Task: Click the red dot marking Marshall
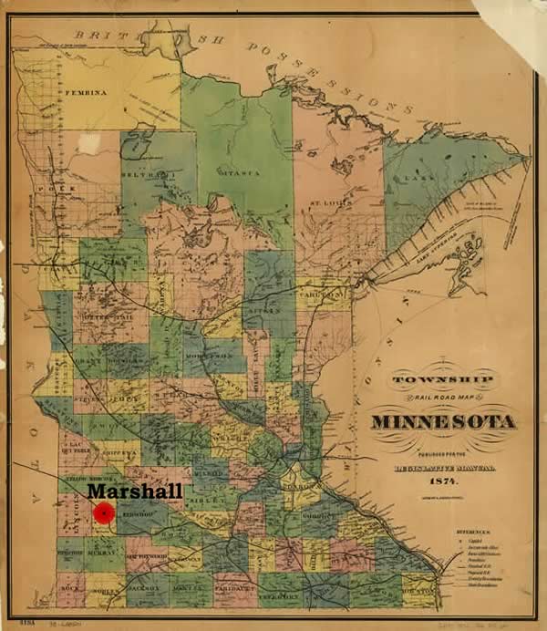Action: tap(106, 512)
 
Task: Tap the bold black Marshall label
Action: tap(134, 491)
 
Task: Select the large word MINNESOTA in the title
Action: tap(443, 422)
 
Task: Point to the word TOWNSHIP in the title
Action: tap(443, 378)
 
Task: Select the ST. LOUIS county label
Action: tap(325, 202)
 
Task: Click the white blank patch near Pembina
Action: tap(88, 143)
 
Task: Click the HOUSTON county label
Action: tap(424, 590)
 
